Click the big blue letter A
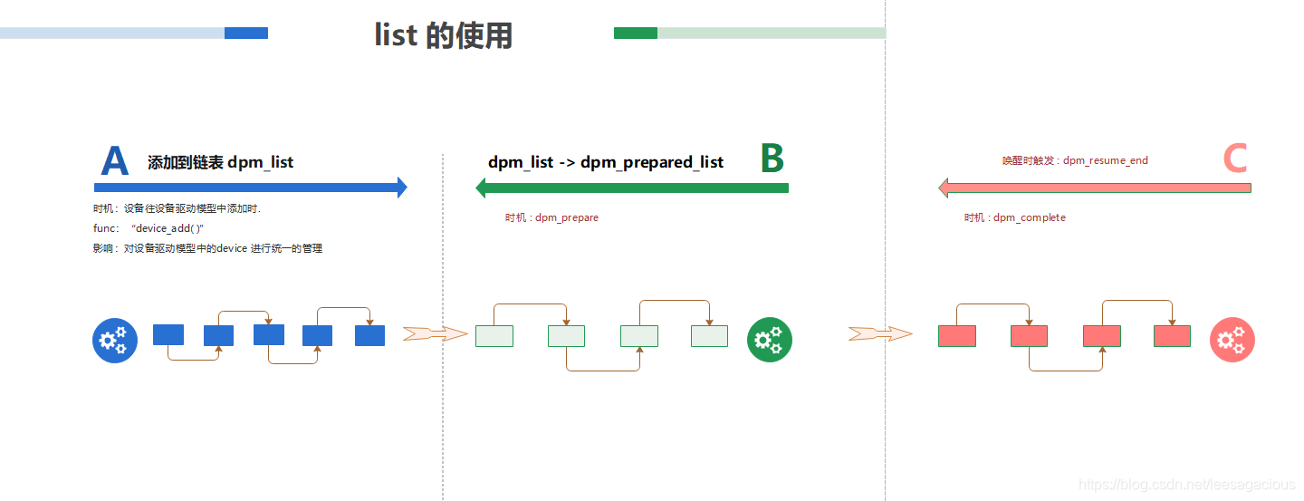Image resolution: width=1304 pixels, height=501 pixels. pyautogui.click(x=115, y=161)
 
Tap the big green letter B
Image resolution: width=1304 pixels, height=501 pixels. pyautogui.click(x=772, y=158)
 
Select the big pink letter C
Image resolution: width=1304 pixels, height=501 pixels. pyautogui.click(x=1235, y=159)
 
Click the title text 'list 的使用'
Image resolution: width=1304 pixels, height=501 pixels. pyautogui.click(x=443, y=34)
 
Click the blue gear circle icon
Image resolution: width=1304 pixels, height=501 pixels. pyautogui.click(x=115, y=341)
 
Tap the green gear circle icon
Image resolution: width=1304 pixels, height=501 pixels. pyautogui.click(x=770, y=340)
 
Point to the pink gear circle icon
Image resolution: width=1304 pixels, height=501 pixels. pyautogui.click(x=1232, y=340)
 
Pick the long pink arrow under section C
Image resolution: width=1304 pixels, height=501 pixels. pyautogui.click(x=1095, y=188)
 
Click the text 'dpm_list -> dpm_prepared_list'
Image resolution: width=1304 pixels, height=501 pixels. pyautogui.click(x=606, y=162)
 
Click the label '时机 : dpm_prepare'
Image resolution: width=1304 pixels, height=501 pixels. pyautogui.click(x=551, y=217)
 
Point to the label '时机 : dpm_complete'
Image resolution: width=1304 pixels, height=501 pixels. pyautogui.click(x=1014, y=217)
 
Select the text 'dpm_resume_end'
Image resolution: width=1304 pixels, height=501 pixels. pyautogui.click(x=1105, y=160)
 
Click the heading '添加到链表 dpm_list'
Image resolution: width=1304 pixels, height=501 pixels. pyautogui.click(x=220, y=162)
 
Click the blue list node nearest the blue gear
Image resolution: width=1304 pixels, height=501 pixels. pyautogui.click(x=168, y=334)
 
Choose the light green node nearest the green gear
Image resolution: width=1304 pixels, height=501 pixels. pyautogui.click(x=709, y=336)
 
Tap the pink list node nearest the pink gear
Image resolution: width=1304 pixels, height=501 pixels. pyautogui.click(x=1172, y=336)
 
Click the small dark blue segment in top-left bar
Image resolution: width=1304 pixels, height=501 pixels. pyautogui.click(x=246, y=34)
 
